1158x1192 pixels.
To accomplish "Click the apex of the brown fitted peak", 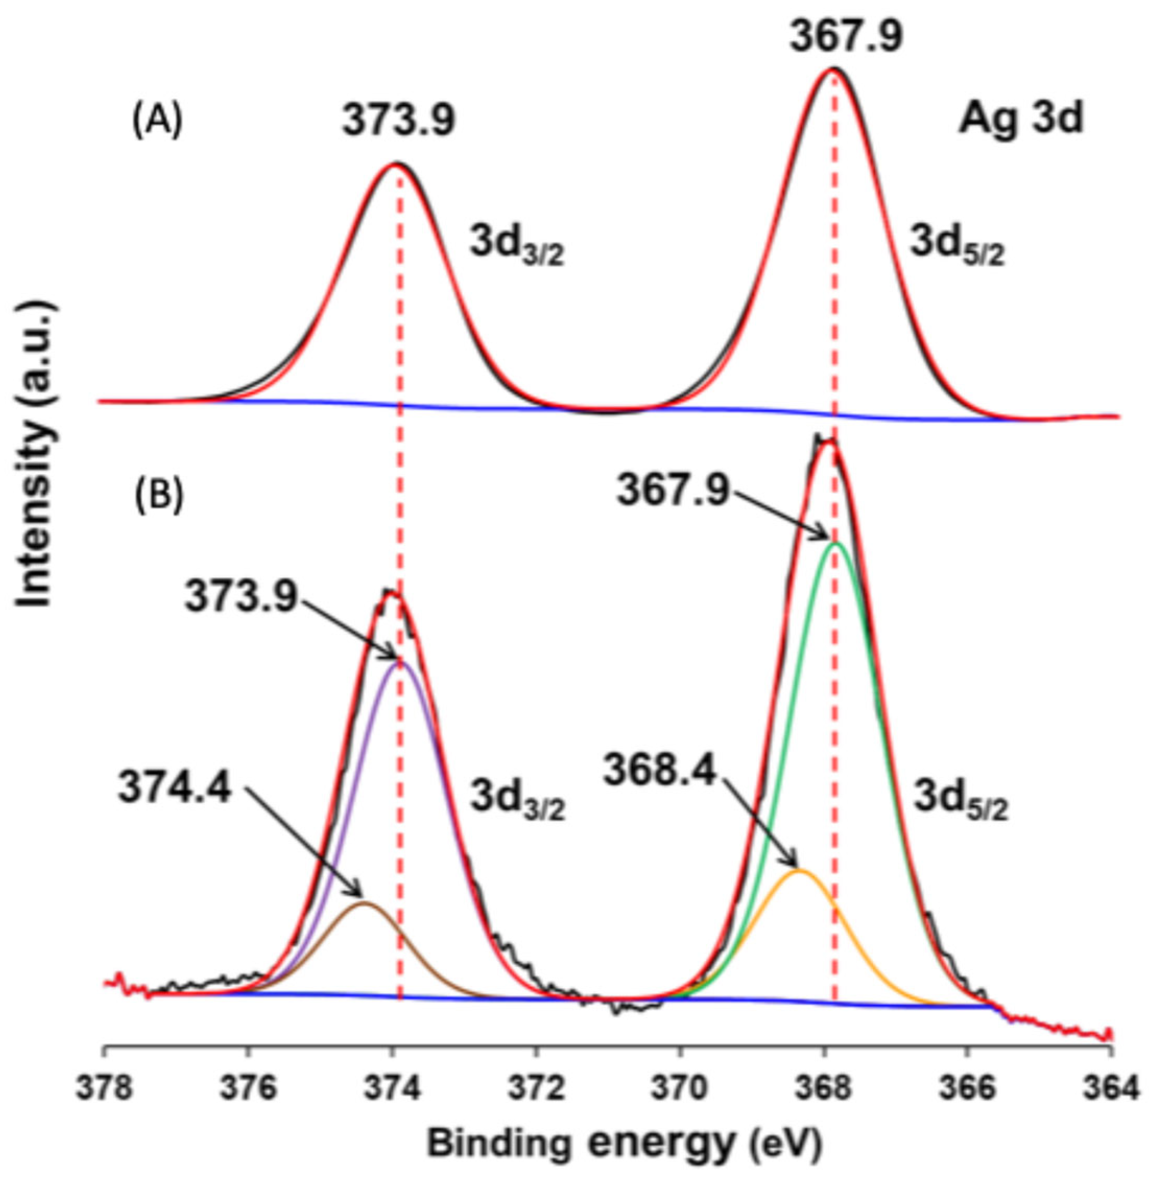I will click(364, 902).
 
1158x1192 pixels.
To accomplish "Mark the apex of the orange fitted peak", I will click(801, 871).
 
